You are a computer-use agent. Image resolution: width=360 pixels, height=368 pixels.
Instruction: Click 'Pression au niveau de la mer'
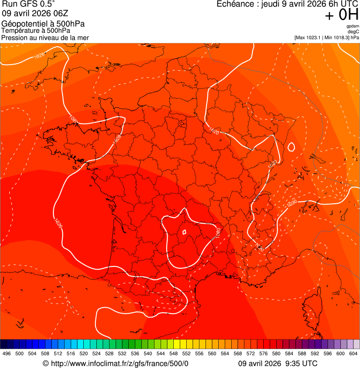(45, 37)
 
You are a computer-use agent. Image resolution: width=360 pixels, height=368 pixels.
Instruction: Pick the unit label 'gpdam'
(353, 26)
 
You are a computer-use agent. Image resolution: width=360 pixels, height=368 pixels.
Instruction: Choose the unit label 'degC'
(354, 31)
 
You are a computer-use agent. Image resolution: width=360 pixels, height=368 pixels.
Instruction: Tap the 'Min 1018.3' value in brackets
(338, 37)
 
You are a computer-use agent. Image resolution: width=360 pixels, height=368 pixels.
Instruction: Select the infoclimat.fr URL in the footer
(119, 363)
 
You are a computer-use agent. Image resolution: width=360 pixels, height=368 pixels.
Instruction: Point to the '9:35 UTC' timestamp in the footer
(303, 363)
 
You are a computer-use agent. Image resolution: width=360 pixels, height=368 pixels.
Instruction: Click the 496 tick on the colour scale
(7, 353)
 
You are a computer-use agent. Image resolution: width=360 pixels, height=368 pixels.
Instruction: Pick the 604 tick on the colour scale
(353, 353)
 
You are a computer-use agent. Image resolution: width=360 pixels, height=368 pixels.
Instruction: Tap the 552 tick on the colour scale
(186, 353)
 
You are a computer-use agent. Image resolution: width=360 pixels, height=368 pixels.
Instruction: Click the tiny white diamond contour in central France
(184, 232)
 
